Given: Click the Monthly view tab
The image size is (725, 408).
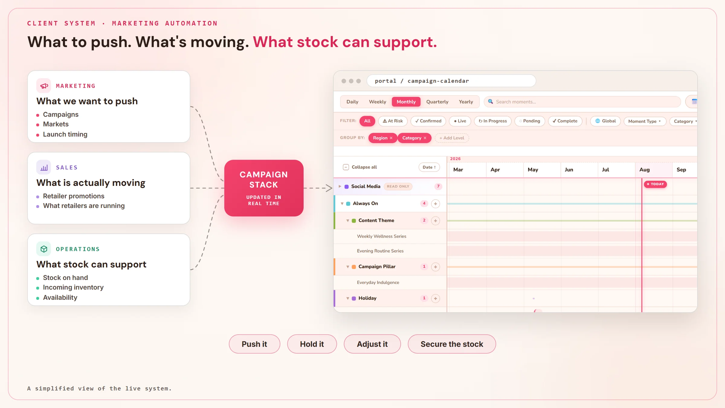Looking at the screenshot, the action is click(x=406, y=102).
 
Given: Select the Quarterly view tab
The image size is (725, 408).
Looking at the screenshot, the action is click(x=437, y=102).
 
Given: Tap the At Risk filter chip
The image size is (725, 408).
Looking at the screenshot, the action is click(x=393, y=121).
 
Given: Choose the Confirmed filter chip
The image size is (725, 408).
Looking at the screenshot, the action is click(x=428, y=121).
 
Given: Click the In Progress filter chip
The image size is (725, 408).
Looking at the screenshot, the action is click(x=493, y=121).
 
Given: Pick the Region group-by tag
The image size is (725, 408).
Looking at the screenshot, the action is click(x=382, y=138).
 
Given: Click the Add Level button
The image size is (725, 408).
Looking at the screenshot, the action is click(x=452, y=138).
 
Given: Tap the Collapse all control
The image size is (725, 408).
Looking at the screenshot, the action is click(x=360, y=167).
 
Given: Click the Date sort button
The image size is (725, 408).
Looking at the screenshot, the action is click(x=429, y=167).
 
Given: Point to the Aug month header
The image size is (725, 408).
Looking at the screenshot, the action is click(x=644, y=170).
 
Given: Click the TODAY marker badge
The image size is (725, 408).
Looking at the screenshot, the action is click(x=655, y=184).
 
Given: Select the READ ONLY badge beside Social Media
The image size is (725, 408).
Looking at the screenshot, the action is click(x=398, y=186).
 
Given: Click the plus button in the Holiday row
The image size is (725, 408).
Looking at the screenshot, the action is click(x=435, y=298).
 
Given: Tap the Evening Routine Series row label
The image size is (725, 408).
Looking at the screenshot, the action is click(x=380, y=251).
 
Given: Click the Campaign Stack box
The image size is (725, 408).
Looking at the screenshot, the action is click(x=264, y=188).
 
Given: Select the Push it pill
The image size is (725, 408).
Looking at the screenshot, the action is click(x=254, y=344).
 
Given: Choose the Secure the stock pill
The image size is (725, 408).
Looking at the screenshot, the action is click(x=452, y=344).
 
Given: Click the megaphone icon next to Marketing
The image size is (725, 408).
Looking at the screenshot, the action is click(x=44, y=86).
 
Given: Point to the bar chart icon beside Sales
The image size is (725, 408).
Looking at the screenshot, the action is click(x=44, y=167).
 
